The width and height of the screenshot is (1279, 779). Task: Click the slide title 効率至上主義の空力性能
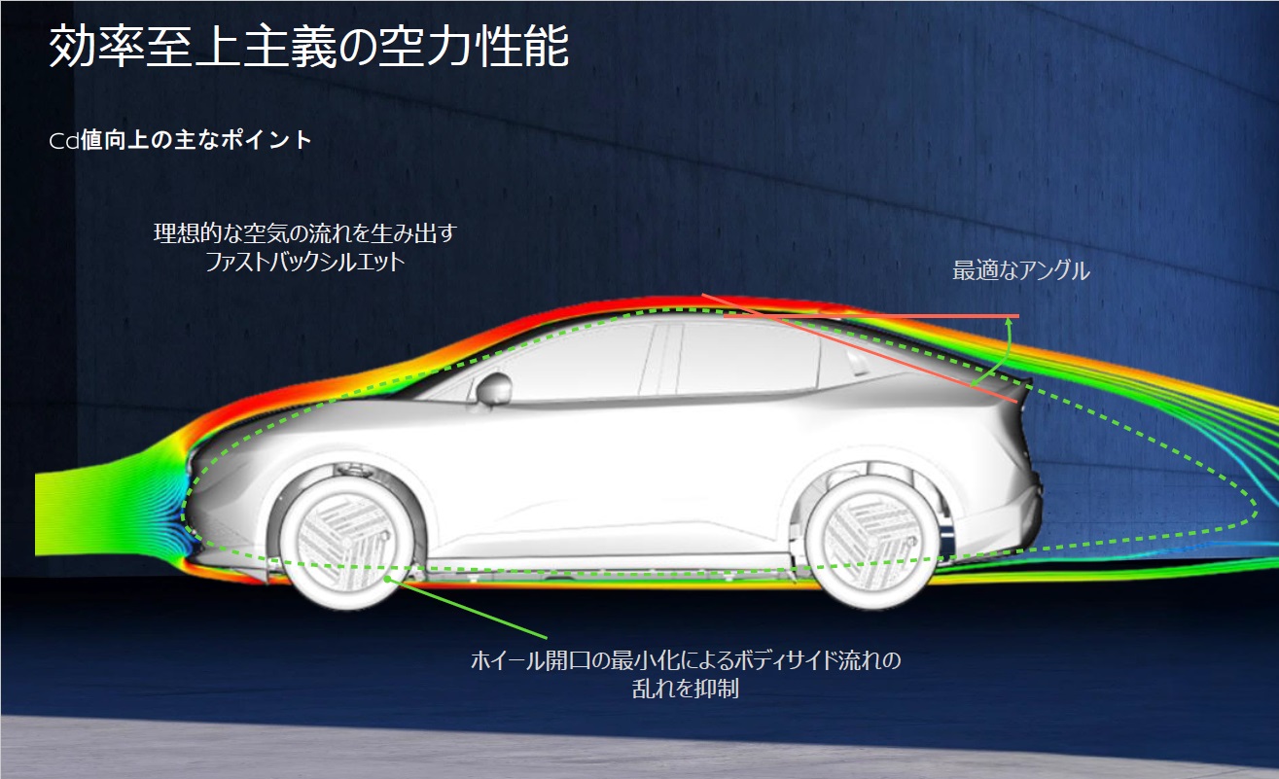(308, 48)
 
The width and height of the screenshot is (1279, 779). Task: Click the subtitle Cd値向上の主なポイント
(181, 140)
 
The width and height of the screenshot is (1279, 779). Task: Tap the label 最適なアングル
(1020, 271)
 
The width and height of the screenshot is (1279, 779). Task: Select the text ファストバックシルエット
(304, 262)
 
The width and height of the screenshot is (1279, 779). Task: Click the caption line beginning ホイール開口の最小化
(686, 661)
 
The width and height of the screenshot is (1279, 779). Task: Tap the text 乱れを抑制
(686, 689)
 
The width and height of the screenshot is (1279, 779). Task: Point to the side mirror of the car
(493, 387)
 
